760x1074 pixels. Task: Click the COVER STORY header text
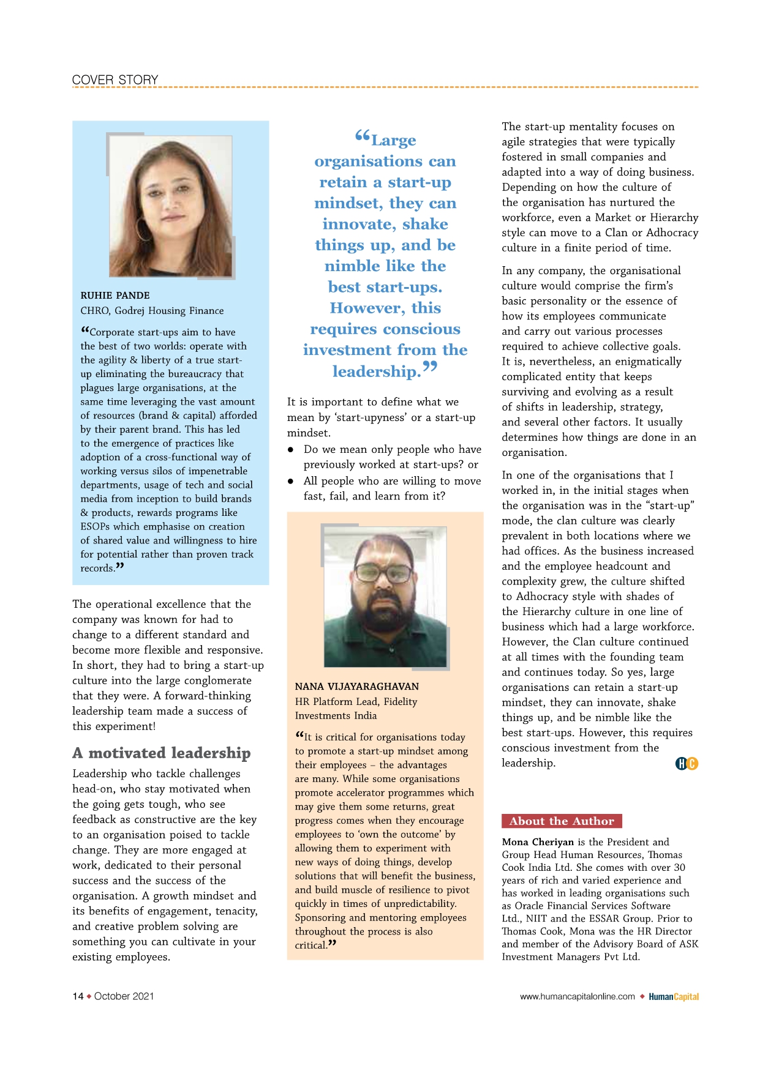(x=115, y=80)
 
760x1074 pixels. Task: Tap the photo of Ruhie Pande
(x=171, y=206)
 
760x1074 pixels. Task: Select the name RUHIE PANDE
(x=115, y=296)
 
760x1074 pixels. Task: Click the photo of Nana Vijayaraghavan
(x=385, y=597)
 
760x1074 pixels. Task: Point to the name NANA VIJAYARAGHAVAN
(x=357, y=687)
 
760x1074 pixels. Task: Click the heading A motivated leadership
(x=162, y=753)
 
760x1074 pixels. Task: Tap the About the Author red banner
(x=562, y=821)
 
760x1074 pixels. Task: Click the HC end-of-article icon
(x=687, y=763)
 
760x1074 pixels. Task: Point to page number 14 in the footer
(x=78, y=996)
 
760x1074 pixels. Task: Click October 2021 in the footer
(x=124, y=996)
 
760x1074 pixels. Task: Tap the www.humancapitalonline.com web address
(x=578, y=996)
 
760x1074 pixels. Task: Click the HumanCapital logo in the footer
(x=674, y=996)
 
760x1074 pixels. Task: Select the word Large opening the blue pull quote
(x=393, y=141)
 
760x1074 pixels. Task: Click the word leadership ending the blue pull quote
(x=377, y=371)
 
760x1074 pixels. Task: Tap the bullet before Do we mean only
(x=291, y=450)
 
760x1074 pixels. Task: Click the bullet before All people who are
(x=291, y=482)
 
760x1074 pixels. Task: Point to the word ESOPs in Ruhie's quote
(x=95, y=527)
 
